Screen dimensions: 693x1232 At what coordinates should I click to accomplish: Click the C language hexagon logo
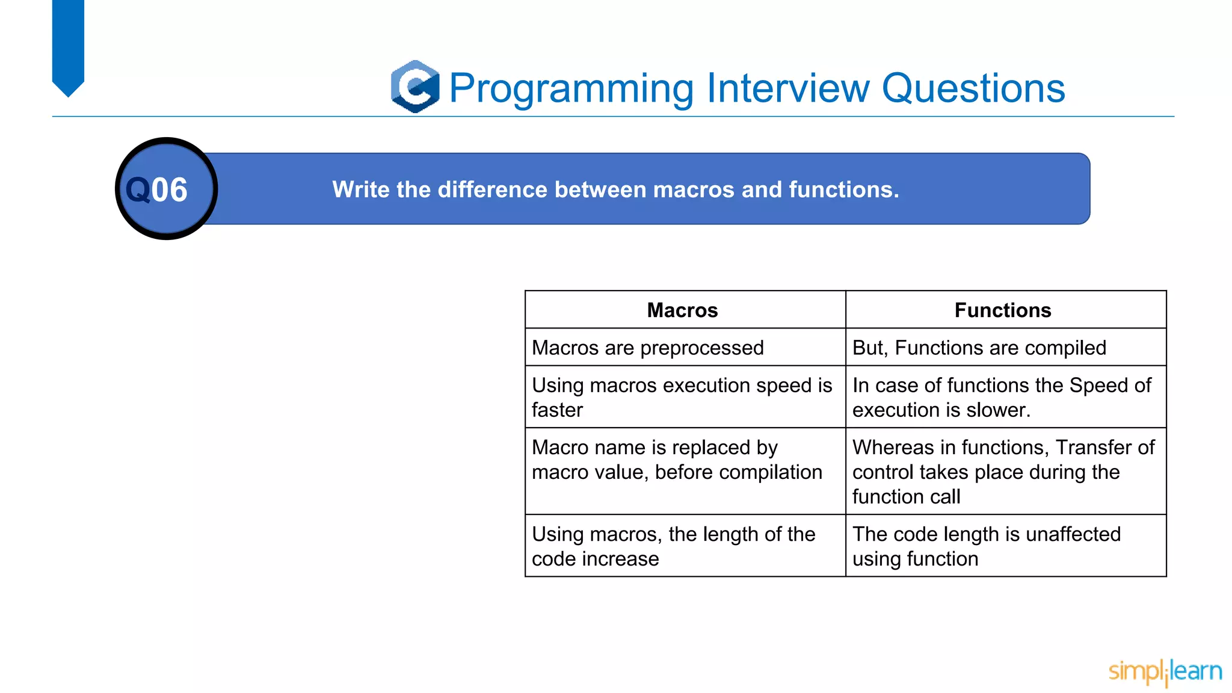[x=414, y=87]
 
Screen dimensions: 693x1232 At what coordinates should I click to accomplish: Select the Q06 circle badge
[x=166, y=189]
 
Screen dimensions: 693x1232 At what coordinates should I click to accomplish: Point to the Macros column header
[x=682, y=310]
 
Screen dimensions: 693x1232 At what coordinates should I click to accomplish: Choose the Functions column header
[x=1002, y=310]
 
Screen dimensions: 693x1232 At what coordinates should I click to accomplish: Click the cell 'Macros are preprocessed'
[x=647, y=348]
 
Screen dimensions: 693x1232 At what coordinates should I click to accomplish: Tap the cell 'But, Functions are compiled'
[x=979, y=348]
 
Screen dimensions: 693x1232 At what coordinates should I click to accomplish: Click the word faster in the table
[x=557, y=410]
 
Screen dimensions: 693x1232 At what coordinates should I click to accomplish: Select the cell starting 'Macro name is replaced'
[x=676, y=460]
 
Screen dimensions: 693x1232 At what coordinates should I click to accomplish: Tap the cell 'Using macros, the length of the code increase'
[x=673, y=546]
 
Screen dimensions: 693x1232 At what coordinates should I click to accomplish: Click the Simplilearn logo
[x=1165, y=672]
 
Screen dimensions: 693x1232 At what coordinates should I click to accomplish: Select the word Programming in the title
[x=571, y=88]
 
